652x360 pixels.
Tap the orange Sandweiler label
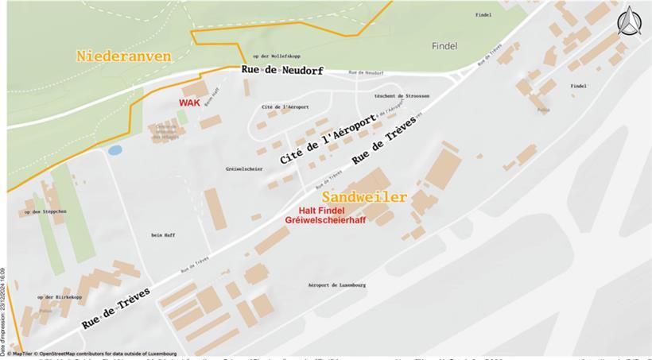(364, 196)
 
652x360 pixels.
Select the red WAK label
(189, 103)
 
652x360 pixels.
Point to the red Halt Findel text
(326, 210)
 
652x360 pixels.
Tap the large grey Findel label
(444, 46)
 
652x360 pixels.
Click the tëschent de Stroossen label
(402, 95)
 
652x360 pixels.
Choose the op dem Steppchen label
(45, 211)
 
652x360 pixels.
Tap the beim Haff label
(161, 234)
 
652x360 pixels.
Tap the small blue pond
(115, 149)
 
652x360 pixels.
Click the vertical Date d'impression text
(3, 311)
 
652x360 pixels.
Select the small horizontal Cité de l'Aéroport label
(285, 106)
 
